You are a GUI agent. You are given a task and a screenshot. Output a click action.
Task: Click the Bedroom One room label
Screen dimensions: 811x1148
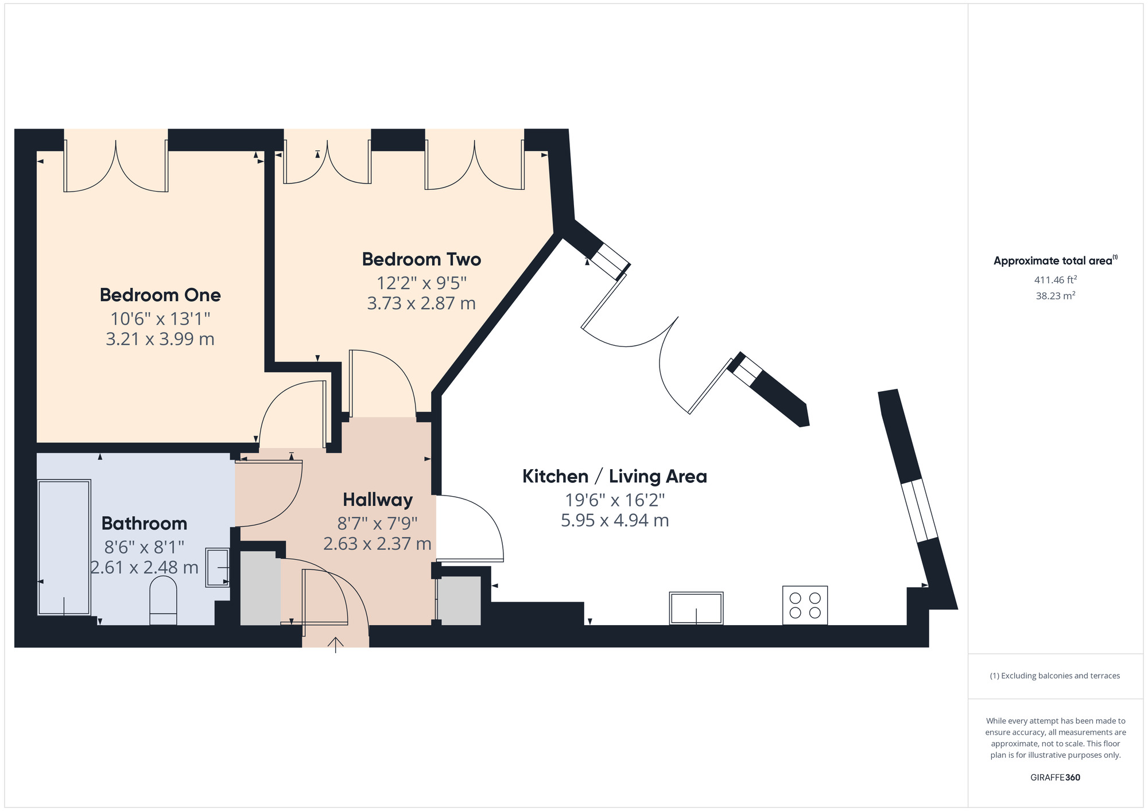click(x=160, y=295)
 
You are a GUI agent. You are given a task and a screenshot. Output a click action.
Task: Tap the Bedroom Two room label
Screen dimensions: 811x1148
click(x=421, y=259)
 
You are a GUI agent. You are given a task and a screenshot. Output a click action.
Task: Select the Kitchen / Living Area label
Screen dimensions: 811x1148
click(x=614, y=476)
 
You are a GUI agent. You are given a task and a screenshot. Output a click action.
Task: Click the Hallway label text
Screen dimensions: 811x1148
click(x=378, y=500)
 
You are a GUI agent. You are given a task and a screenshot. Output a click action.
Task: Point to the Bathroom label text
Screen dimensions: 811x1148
click(x=144, y=523)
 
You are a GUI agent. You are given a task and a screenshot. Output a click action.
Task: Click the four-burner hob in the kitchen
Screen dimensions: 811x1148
click(x=805, y=605)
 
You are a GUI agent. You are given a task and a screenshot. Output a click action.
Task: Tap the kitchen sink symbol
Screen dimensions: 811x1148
click(x=696, y=608)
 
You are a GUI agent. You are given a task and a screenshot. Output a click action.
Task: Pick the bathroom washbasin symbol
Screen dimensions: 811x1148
click(x=218, y=567)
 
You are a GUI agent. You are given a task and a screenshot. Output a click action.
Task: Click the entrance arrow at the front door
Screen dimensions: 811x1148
click(x=335, y=644)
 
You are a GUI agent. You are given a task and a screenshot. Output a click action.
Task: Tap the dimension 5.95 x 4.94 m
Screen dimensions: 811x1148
click(x=614, y=520)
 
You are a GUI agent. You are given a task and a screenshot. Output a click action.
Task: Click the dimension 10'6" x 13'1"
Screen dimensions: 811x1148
click(x=160, y=318)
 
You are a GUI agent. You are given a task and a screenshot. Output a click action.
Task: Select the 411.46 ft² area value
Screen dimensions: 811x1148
click(x=1055, y=280)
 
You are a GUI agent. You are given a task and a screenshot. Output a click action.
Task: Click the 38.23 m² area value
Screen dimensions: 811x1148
click(x=1055, y=296)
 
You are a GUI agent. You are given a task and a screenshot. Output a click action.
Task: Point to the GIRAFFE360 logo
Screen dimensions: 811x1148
click(x=1055, y=777)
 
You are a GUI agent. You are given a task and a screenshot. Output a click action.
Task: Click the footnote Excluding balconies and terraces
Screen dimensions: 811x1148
click(x=1055, y=676)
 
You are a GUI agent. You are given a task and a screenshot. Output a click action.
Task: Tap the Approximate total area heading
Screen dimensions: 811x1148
click(x=1055, y=260)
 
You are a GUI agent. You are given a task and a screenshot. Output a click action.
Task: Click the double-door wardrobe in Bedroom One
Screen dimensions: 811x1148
click(x=116, y=166)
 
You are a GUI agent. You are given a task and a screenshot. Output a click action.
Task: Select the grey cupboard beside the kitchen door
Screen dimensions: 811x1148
click(x=459, y=601)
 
